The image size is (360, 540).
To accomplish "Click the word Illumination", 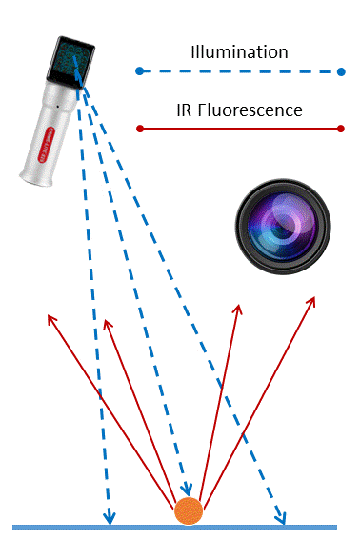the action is (239, 52).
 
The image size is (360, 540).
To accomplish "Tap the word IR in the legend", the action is (185, 110).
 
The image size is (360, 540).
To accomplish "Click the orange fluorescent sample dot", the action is (189, 510).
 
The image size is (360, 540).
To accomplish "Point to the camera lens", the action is (283, 227).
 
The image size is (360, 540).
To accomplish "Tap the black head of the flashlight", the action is (71, 62).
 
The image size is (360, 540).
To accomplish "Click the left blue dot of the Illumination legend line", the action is (139, 71).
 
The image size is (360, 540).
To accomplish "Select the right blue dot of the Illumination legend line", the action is (341, 72).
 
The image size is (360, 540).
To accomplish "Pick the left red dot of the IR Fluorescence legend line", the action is (140, 129).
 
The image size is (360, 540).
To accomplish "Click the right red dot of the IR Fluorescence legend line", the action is (341, 129).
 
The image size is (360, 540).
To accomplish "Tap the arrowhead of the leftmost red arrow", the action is (51, 318).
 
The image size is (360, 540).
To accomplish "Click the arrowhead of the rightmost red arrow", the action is (311, 301).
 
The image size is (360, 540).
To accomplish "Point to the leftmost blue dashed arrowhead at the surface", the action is (110, 517).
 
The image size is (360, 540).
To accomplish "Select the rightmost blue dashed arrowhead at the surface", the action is (280, 517).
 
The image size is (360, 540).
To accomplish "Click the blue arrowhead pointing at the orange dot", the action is (187, 489).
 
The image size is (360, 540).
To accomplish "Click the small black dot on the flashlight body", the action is (57, 107).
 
